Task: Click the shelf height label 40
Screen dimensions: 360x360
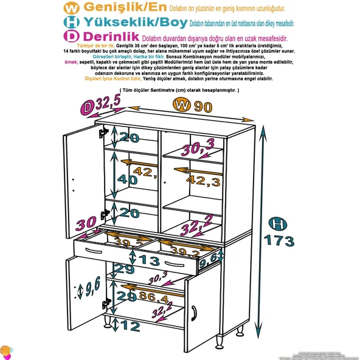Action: [128, 179]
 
